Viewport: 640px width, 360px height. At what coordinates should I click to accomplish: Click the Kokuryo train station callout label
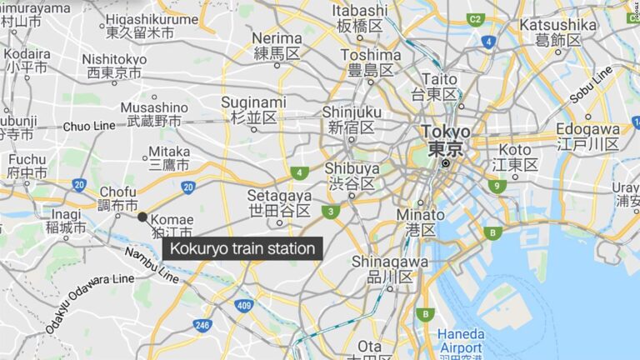[x=242, y=248]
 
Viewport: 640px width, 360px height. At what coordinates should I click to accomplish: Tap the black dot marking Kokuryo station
[x=142, y=217]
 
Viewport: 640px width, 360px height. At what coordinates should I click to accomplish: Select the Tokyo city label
[x=445, y=141]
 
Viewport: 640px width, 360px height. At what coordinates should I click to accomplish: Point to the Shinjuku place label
[x=351, y=119]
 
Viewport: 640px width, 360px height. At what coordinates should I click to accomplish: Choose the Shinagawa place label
[x=389, y=269]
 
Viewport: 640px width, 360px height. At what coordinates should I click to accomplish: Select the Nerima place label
[x=277, y=46]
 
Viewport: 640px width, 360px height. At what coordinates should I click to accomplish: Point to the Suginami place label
[x=253, y=110]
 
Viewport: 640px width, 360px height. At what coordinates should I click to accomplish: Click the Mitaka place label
[x=169, y=159]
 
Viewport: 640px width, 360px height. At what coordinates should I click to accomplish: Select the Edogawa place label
[x=587, y=137]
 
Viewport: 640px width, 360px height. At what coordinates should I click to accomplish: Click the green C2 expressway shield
[x=476, y=18]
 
